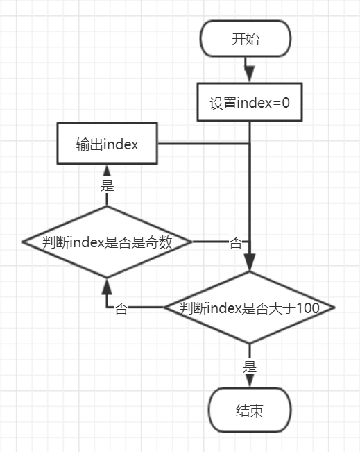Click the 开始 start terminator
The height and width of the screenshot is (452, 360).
tap(246, 39)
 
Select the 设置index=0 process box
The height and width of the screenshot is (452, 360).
tap(250, 102)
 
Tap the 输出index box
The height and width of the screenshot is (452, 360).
tap(107, 143)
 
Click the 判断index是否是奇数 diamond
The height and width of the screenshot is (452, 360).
tap(107, 242)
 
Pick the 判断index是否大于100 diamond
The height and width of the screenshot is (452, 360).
tap(250, 308)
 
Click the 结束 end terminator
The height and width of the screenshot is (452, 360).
tap(250, 410)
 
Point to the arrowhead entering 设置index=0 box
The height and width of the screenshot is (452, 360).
tap(250, 74)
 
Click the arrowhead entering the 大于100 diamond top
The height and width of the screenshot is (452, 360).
tap(250, 262)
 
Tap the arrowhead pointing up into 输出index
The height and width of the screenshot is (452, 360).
tap(107, 171)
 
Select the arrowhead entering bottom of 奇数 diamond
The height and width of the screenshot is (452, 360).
tap(107, 287)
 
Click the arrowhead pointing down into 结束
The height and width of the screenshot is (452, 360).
tap(250, 381)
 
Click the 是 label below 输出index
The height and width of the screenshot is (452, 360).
tap(107, 185)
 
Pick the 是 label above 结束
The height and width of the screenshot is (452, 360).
tap(250, 367)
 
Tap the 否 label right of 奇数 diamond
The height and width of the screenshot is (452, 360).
tap(236, 242)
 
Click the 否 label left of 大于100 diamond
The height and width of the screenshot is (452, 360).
tap(121, 308)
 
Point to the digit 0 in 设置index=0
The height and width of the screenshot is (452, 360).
tap(285, 103)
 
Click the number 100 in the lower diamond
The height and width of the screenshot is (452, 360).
tap(307, 308)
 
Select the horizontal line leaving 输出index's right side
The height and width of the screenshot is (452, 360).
tap(204, 143)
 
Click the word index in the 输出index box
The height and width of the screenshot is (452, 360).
tap(121, 144)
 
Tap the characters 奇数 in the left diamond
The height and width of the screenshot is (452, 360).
tap(158, 242)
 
